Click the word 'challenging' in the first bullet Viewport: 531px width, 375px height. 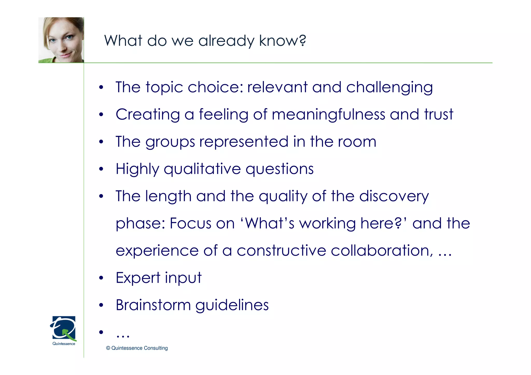click(389, 88)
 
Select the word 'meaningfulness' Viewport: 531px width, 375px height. click(328, 115)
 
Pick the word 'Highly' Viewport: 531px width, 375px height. click(137, 169)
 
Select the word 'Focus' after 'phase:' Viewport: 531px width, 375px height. click(190, 223)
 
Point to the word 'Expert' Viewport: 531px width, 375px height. click(138, 278)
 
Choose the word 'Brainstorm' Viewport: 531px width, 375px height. click(153, 305)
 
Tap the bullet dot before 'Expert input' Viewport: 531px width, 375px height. click(101, 278)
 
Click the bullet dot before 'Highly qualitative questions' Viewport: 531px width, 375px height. click(101, 169)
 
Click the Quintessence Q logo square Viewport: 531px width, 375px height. click(64, 328)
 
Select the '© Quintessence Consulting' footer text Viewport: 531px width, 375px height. click(137, 348)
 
